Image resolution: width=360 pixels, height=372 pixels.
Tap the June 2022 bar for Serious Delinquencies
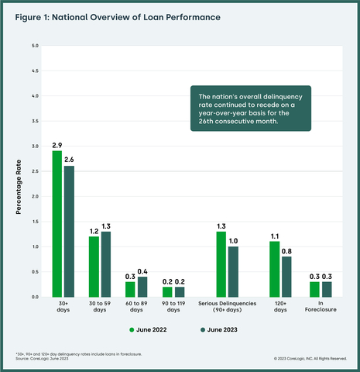pos(221,263)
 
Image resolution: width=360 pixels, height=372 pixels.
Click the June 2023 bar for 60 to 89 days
pos(142,287)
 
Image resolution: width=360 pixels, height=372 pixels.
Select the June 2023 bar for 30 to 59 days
pos(105,264)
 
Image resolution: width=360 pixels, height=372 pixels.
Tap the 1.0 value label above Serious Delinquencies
pos(232,240)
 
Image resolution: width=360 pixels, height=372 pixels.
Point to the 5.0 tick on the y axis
pos(34,46)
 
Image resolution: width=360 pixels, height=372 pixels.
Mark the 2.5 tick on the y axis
pos(34,171)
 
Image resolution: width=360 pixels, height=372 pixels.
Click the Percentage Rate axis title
pos(19,171)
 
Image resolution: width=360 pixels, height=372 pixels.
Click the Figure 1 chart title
pos(115,16)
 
